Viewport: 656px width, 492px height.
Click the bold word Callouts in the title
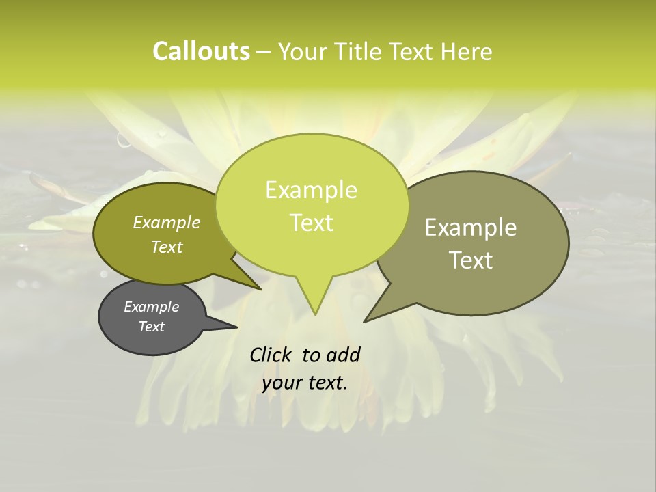click(201, 51)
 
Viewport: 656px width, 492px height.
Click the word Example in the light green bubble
click(311, 190)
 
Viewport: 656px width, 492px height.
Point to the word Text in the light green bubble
click(311, 223)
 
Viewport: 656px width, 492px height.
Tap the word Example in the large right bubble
click(471, 228)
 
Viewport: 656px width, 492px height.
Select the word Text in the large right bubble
click(471, 260)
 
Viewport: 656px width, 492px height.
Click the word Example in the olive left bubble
click(167, 222)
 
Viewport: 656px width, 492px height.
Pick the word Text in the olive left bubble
click(167, 247)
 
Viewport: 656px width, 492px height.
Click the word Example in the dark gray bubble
click(151, 307)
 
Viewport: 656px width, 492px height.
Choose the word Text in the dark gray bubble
click(151, 327)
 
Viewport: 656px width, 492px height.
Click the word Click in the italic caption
click(271, 355)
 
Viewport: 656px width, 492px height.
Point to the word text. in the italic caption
click(326, 383)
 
